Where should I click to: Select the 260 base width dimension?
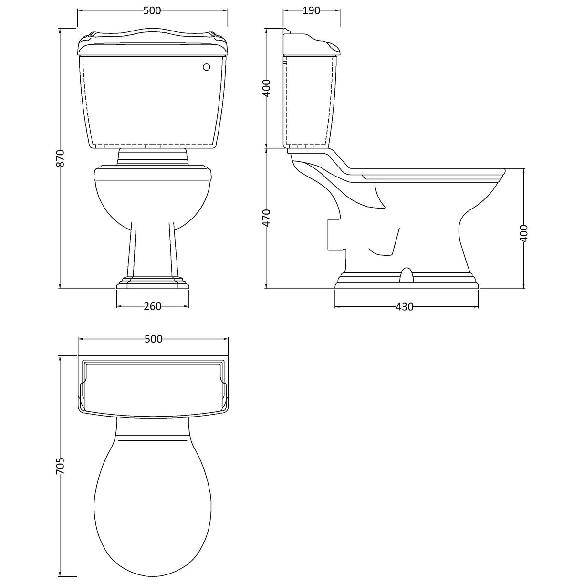(x=153, y=306)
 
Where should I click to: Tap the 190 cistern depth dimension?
(x=311, y=10)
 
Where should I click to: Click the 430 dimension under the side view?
(x=405, y=307)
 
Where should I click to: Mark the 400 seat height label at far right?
(x=523, y=233)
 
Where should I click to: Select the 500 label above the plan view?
(x=153, y=339)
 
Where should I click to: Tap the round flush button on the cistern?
(x=207, y=68)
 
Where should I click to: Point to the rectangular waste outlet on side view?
(x=334, y=234)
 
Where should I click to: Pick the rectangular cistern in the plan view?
(x=153, y=384)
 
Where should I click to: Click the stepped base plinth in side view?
(x=406, y=282)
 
